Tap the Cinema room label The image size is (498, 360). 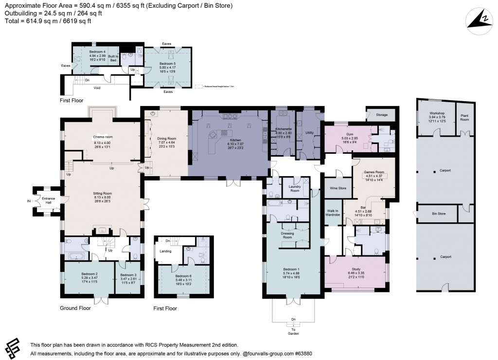103,137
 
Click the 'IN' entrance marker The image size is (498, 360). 29,200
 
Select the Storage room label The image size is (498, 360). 382,115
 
